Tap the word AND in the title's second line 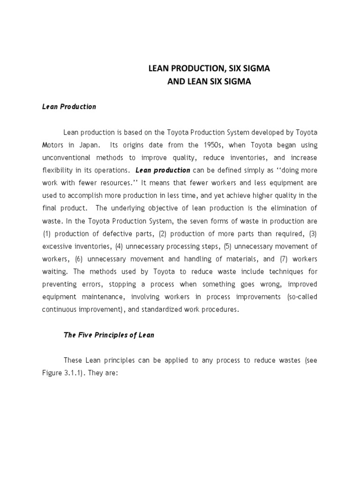coord(176,82)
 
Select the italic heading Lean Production coord(69,106)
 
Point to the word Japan coord(88,145)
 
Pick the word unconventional coord(66,157)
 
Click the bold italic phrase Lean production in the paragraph coord(163,170)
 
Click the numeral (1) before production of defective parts coord(46,233)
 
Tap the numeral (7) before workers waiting coord(281,259)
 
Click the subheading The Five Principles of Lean coord(109,335)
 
